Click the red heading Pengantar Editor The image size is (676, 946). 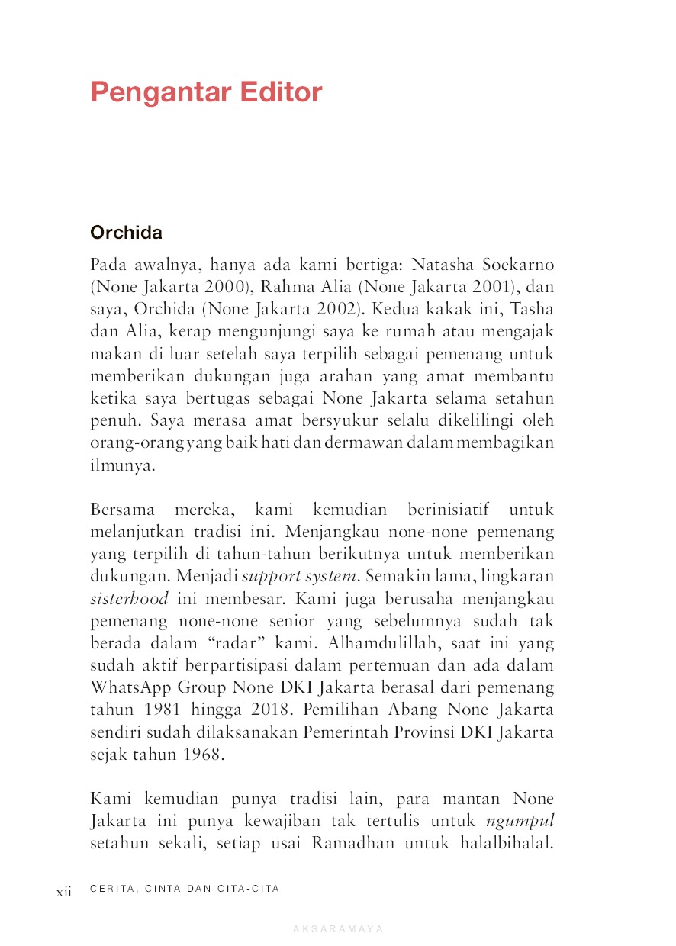[x=206, y=92]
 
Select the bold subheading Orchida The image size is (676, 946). [x=126, y=232]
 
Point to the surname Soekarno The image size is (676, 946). [x=517, y=265]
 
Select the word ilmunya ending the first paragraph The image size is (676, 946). [x=122, y=465]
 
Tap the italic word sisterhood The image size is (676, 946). [x=129, y=597]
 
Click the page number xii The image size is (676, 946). [x=63, y=891]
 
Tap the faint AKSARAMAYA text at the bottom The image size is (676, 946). [x=338, y=929]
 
